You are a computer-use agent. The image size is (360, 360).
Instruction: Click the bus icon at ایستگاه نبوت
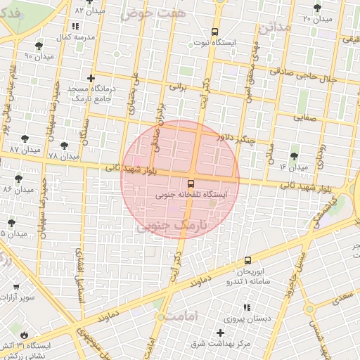tap(214, 32)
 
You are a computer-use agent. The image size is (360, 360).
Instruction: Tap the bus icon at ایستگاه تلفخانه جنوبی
tap(192, 183)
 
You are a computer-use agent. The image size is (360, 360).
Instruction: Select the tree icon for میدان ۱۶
tap(293, 156)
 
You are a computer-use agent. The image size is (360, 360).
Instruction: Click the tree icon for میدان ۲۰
tap(316, 8)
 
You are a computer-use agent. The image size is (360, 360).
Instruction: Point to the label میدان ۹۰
tap(39, 56)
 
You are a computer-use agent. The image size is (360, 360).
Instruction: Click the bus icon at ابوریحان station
tap(247, 260)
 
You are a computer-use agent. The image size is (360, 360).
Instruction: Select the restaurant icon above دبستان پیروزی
tap(245, 307)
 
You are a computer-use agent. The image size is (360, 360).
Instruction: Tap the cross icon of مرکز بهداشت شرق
tap(220, 333)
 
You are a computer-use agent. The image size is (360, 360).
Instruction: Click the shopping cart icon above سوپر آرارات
tap(15, 287)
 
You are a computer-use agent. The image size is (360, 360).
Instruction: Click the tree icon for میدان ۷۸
tap(64, 145)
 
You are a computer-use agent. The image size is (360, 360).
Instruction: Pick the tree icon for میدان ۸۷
tap(25, 139)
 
